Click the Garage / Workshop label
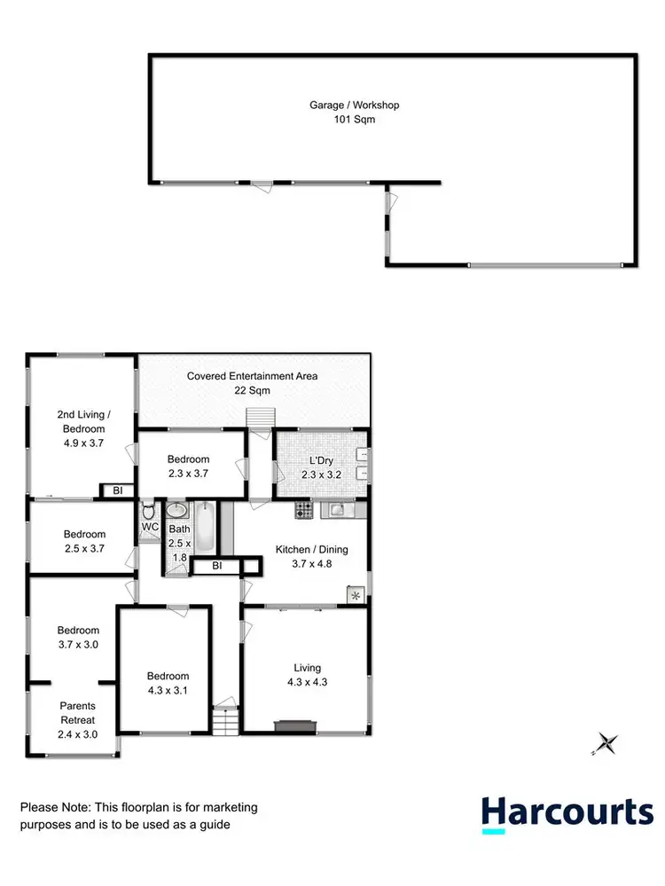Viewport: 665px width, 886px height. [x=354, y=105]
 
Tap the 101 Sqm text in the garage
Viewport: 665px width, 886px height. [x=354, y=119]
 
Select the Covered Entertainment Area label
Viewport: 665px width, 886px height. [x=252, y=376]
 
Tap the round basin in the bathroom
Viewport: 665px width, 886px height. [x=176, y=510]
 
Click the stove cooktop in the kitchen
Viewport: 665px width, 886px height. [x=304, y=510]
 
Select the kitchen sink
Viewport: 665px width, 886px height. [x=336, y=510]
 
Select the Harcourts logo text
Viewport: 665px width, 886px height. [x=567, y=813]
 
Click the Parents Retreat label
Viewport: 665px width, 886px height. [x=77, y=713]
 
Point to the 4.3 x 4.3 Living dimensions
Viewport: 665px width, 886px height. [x=308, y=682]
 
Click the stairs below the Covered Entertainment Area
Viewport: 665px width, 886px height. [x=258, y=417]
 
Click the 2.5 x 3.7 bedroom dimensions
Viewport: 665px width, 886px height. [x=84, y=548]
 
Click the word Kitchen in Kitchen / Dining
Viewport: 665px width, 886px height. [x=292, y=549]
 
